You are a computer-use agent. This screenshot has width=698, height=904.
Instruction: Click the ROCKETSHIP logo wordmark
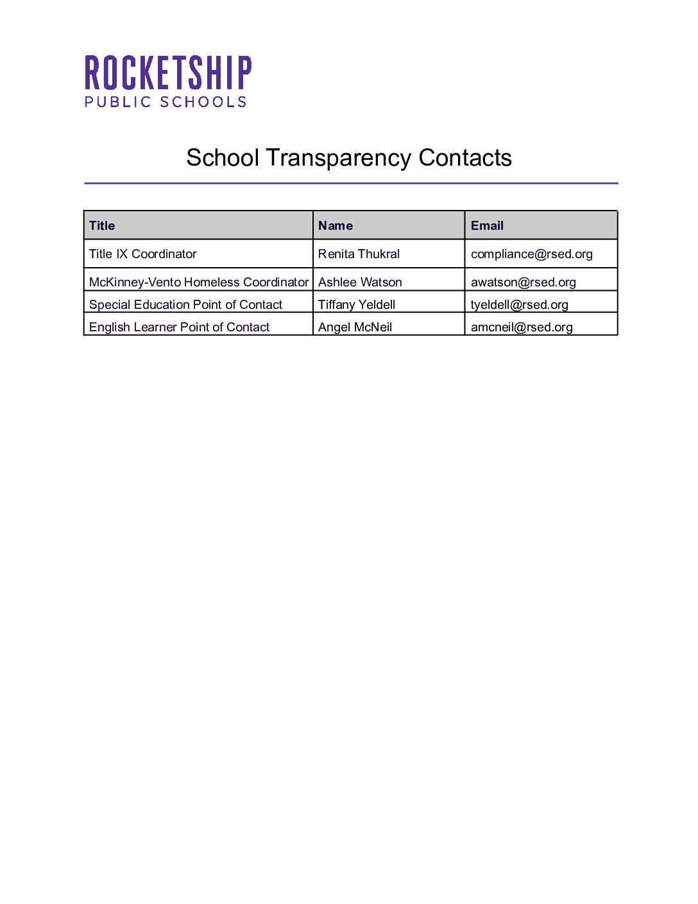(168, 73)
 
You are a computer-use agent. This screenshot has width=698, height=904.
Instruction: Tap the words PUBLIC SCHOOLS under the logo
(166, 102)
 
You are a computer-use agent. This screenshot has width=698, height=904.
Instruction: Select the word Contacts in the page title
(465, 158)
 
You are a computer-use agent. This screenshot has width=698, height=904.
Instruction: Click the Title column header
(102, 225)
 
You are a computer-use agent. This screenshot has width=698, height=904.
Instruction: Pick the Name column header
(336, 225)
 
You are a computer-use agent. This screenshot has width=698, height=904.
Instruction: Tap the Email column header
(487, 225)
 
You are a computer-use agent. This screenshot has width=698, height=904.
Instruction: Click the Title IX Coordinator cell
(143, 254)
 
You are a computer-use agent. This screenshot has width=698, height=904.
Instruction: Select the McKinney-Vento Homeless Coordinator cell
(199, 282)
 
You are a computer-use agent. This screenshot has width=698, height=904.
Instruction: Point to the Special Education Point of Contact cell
(185, 305)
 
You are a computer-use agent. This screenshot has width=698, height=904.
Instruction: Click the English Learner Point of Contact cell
(179, 327)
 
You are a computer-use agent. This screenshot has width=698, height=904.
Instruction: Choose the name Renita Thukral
(359, 254)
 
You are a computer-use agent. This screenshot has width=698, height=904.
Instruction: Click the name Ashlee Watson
(360, 282)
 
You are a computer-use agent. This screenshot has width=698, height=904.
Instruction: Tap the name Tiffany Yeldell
(357, 305)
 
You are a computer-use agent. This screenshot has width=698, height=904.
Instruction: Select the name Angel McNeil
(355, 327)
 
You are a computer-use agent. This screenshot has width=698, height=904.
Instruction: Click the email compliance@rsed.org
(532, 254)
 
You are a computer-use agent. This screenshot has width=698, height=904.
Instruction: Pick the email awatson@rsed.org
(523, 282)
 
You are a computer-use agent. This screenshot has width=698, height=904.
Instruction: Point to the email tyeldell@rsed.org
(520, 305)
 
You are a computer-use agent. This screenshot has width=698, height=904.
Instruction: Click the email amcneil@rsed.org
(522, 327)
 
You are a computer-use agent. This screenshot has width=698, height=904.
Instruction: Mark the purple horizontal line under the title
(351, 183)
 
